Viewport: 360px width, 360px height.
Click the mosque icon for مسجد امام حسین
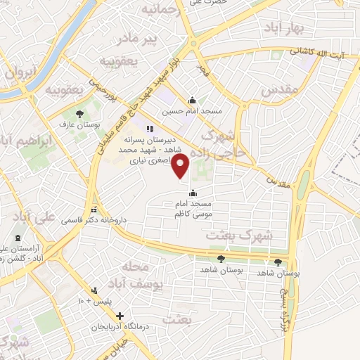(x=192, y=100)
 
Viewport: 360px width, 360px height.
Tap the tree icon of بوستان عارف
(x=79, y=113)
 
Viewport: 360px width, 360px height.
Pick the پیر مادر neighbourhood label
(x=144, y=39)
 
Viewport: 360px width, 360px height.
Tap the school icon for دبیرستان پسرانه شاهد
(x=149, y=129)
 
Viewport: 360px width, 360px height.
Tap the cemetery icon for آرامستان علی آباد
(x=18, y=239)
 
